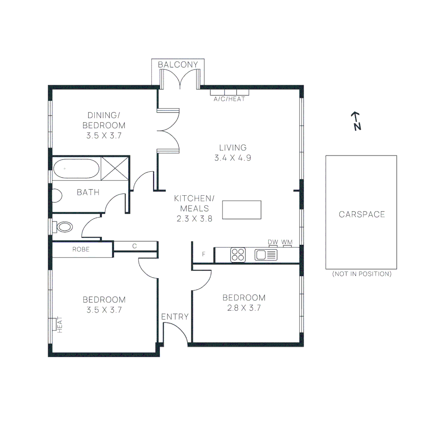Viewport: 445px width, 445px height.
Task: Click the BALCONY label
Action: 178,65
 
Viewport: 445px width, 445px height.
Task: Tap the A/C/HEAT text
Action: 229,99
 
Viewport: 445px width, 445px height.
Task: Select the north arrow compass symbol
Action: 356,121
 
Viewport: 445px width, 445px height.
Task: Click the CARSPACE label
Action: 362,214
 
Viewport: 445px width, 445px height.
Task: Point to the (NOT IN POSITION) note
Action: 362,274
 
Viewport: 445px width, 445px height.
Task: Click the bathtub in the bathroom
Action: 76,169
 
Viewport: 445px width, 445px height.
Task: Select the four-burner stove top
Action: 238,254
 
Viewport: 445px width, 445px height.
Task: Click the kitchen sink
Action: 266,255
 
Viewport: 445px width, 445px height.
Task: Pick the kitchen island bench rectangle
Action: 242,210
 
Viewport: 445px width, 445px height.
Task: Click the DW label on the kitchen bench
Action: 273,242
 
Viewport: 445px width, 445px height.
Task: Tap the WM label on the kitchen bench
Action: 287,242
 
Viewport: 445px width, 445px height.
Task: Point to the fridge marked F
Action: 204,254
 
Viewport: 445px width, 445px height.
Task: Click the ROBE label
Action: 81,249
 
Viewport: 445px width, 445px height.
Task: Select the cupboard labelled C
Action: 134,246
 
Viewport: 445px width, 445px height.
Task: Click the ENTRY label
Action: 175,317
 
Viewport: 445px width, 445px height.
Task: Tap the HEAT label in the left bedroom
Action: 59,324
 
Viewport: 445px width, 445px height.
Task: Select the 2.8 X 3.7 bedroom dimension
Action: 244,308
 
